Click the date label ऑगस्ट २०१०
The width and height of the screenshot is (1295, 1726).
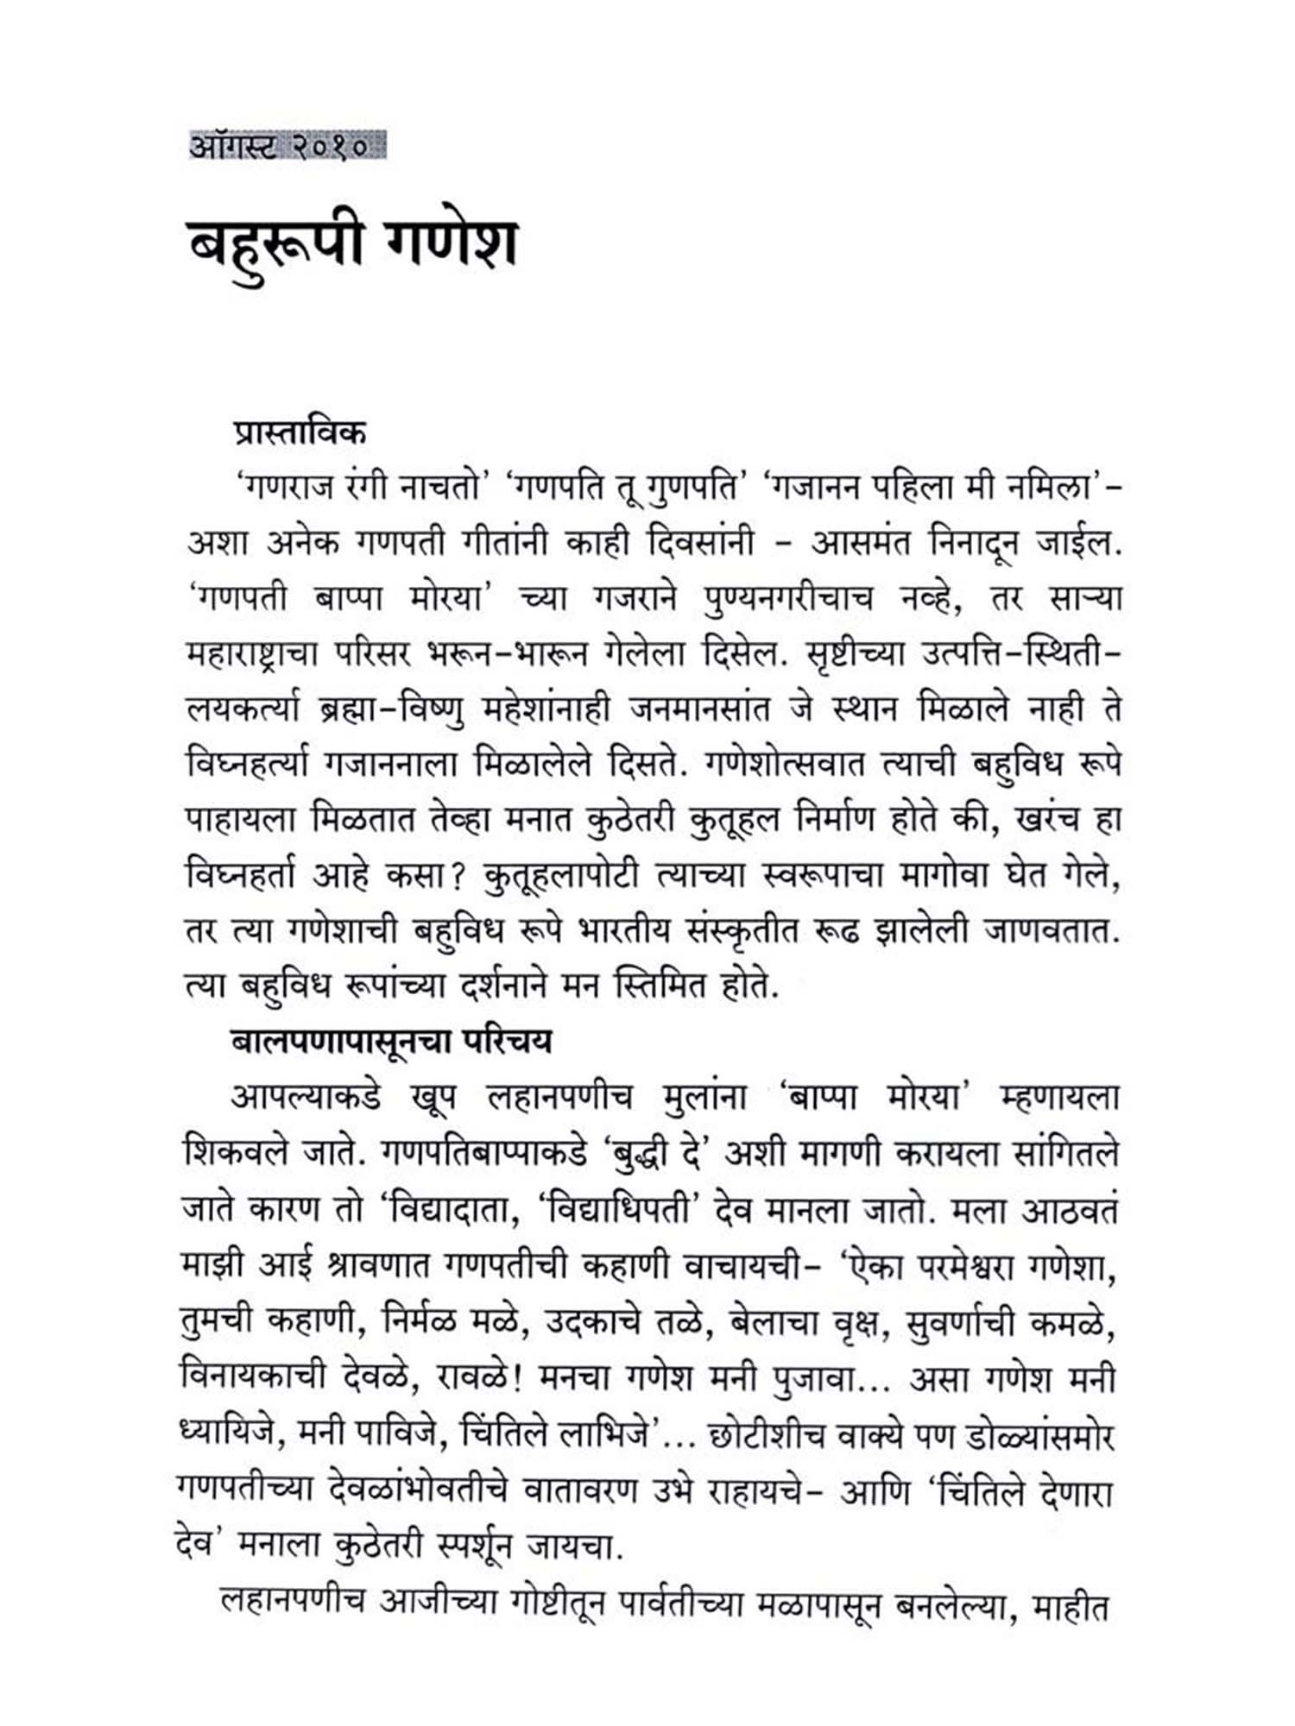287,146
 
